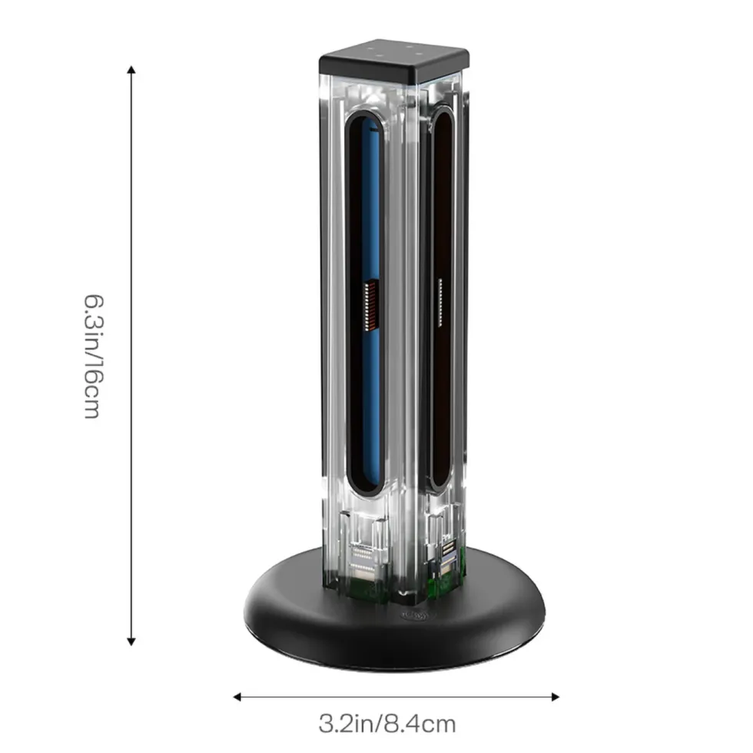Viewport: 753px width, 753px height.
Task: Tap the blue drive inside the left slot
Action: tap(370, 307)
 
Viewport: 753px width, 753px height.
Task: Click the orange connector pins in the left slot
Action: tap(370, 307)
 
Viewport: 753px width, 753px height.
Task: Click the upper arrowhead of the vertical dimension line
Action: tap(131, 70)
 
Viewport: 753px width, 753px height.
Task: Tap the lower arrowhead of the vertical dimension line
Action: tap(131, 641)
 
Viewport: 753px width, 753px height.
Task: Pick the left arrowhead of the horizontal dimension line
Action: tap(237, 697)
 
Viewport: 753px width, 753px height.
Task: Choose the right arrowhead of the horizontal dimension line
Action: tap(555, 697)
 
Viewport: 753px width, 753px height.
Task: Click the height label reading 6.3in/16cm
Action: tap(92, 357)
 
